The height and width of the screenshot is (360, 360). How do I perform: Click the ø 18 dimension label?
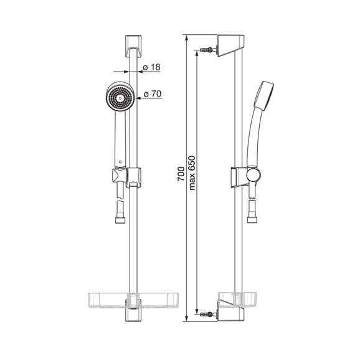coord(151,67)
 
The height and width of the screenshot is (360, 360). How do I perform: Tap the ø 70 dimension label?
coord(153,94)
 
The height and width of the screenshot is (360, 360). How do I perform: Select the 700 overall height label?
coord(181,174)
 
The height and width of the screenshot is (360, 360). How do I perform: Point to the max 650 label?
coord(192,173)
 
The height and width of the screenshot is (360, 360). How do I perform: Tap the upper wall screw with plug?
coord(208,50)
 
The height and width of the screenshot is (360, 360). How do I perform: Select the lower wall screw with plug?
coord(208,314)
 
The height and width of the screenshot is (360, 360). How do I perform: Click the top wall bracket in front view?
coord(133,46)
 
